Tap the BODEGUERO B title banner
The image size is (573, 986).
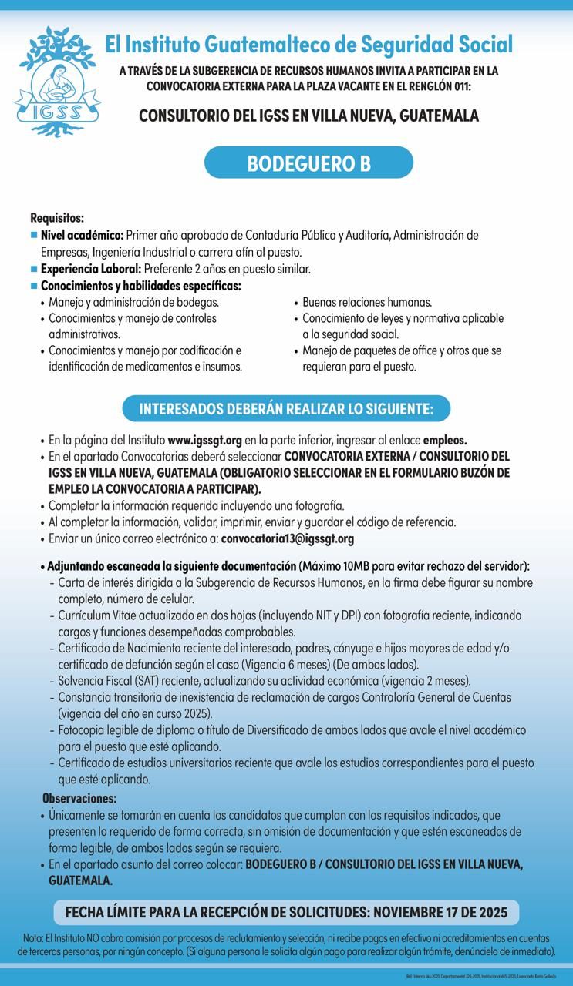308,163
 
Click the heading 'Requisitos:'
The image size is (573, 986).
57,219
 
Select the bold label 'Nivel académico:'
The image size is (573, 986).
83,234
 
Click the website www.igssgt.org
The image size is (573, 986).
205,441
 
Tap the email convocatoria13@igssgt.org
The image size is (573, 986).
288,538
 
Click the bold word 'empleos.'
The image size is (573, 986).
445,441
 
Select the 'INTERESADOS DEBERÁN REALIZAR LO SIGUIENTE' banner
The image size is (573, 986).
286,407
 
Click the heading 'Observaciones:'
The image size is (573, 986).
79,798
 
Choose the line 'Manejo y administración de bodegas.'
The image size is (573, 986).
133,303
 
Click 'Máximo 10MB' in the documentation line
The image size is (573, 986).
338,565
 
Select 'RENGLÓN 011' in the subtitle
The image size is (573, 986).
445,85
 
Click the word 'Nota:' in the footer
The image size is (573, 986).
33,938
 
